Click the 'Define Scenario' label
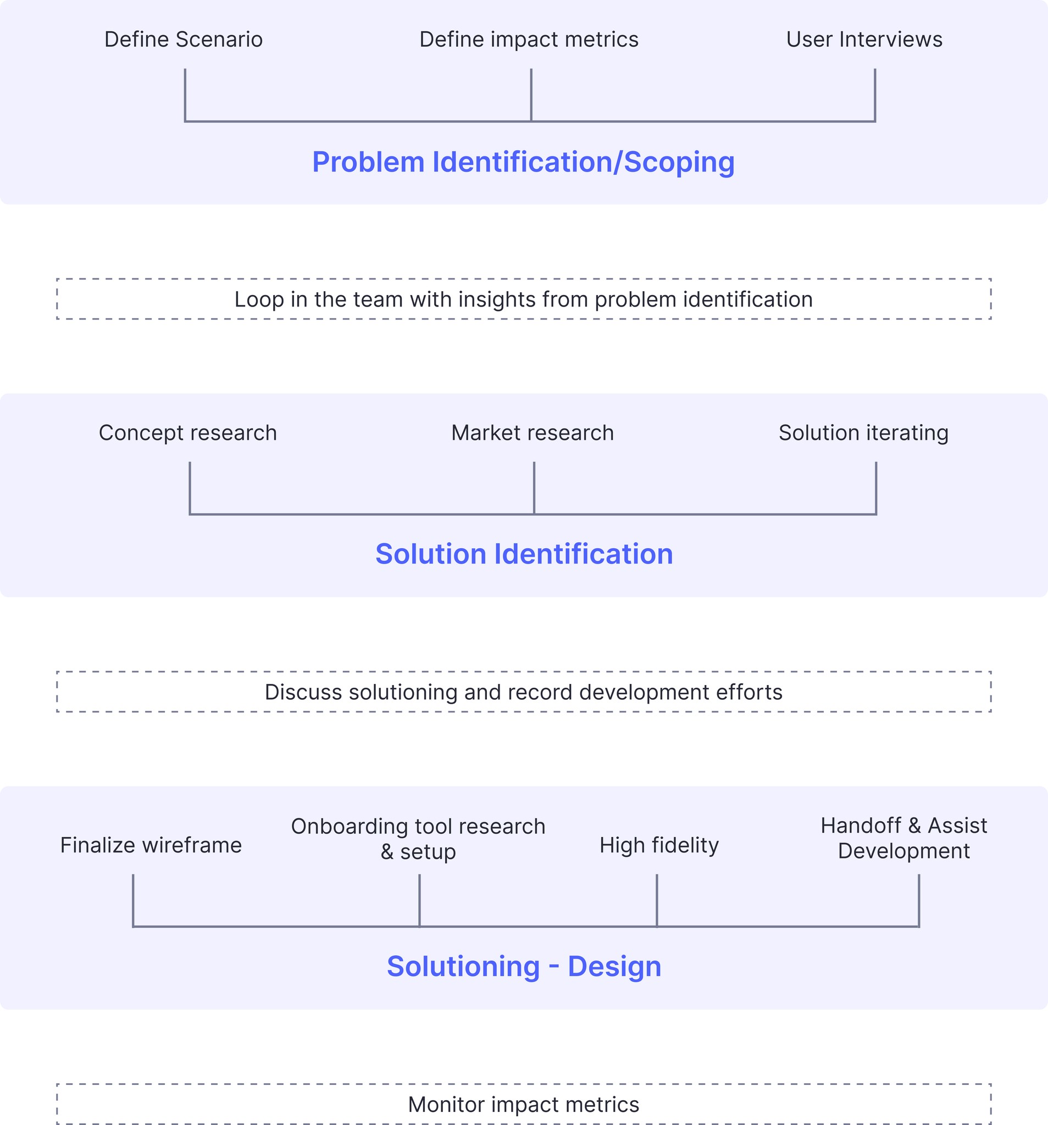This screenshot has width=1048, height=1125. point(184,40)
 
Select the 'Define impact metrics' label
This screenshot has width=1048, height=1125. point(529,40)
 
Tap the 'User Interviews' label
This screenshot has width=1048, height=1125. point(864,40)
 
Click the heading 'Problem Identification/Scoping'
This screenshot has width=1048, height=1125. point(523,162)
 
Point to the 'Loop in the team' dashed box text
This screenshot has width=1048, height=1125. point(523,299)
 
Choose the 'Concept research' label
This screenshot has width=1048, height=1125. point(187,433)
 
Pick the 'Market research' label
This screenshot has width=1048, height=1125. point(532,433)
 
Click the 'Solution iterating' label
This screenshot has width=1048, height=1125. point(863,433)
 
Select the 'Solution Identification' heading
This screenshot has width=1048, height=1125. point(524,554)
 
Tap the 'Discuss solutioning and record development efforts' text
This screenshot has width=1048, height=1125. point(523,692)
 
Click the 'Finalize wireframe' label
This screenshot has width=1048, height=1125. point(151,845)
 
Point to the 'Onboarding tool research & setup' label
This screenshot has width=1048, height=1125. point(418,839)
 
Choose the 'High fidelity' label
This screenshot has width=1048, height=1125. point(658,845)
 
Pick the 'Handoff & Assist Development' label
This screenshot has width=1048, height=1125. point(903,838)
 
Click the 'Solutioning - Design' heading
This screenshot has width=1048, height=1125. point(524,966)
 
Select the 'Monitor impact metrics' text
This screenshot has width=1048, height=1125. point(523,1104)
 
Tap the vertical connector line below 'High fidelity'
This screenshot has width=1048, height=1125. point(656,900)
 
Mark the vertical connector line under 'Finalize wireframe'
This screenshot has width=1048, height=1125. point(133,900)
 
